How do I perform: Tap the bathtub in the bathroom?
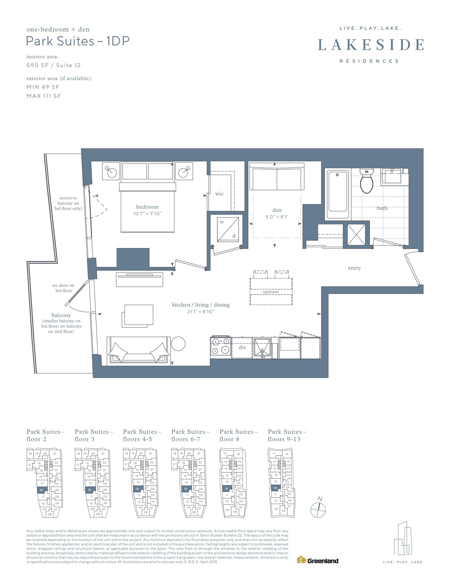point(338,194)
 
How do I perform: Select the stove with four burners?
point(221,347)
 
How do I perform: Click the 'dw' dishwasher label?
point(242,347)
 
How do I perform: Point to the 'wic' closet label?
point(219,194)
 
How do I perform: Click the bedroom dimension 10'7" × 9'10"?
point(147,214)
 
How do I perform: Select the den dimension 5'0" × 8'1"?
point(277,217)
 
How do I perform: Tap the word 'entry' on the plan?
point(354,268)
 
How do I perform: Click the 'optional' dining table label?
point(271,292)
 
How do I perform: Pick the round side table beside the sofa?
point(178,344)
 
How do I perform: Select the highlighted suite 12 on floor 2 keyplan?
point(42,490)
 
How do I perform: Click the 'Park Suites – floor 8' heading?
point(239,435)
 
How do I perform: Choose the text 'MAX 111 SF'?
point(44,96)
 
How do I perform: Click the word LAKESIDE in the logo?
point(371,45)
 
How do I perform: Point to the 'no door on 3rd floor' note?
point(63,288)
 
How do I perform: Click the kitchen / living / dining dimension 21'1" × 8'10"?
point(201,312)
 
